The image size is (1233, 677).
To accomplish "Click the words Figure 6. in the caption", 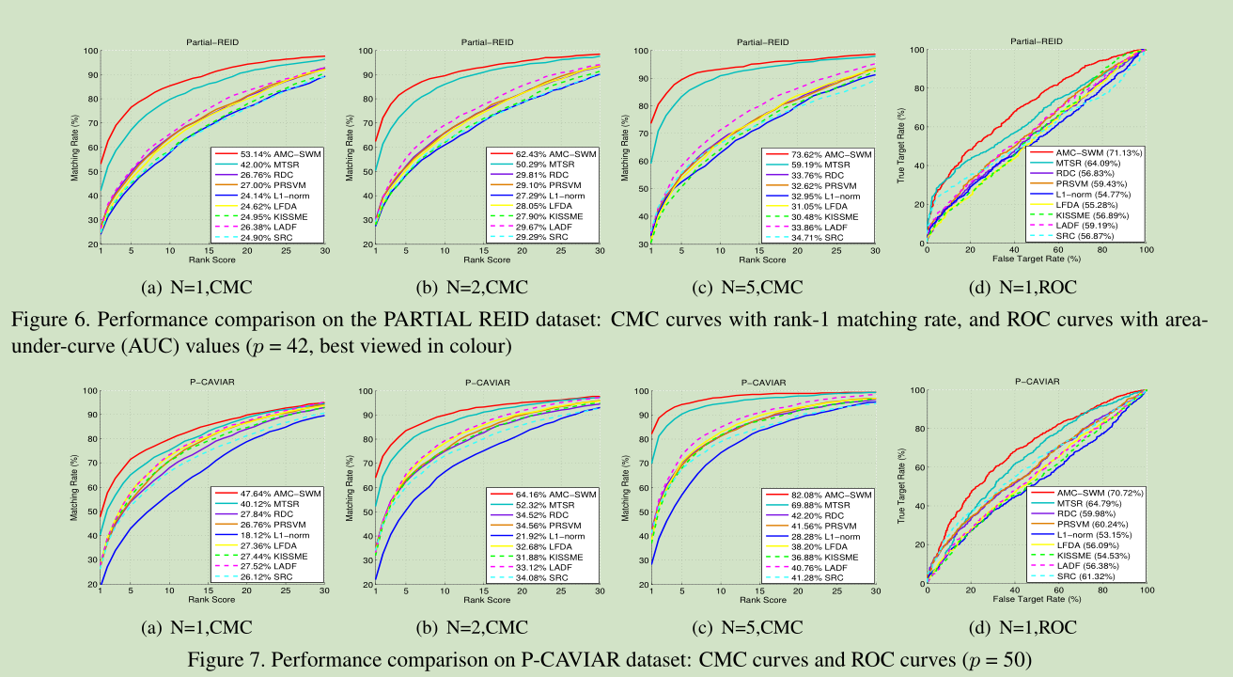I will click(42, 320).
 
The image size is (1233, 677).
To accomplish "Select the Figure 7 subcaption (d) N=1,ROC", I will click(1028, 627).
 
